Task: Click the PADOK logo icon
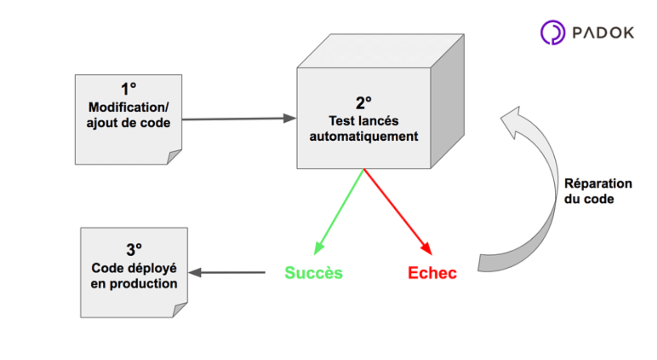tap(552, 33)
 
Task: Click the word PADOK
tap(603, 33)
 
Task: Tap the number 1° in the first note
tap(128, 89)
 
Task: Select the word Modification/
tap(128, 106)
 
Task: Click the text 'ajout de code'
tap(128, 122)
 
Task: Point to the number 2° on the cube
tap(364, 103)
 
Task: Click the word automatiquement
tap(364, 136)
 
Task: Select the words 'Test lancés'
tap(364, 121)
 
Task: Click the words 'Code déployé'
tap(134, 268)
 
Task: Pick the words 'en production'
tap(134, 284)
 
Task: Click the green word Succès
tap(313, 273)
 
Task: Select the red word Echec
tap(432, 273)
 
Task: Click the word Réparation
tap(598, 184)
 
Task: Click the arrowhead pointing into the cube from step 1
tap(290, 118)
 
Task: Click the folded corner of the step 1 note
tap(174, 157)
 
